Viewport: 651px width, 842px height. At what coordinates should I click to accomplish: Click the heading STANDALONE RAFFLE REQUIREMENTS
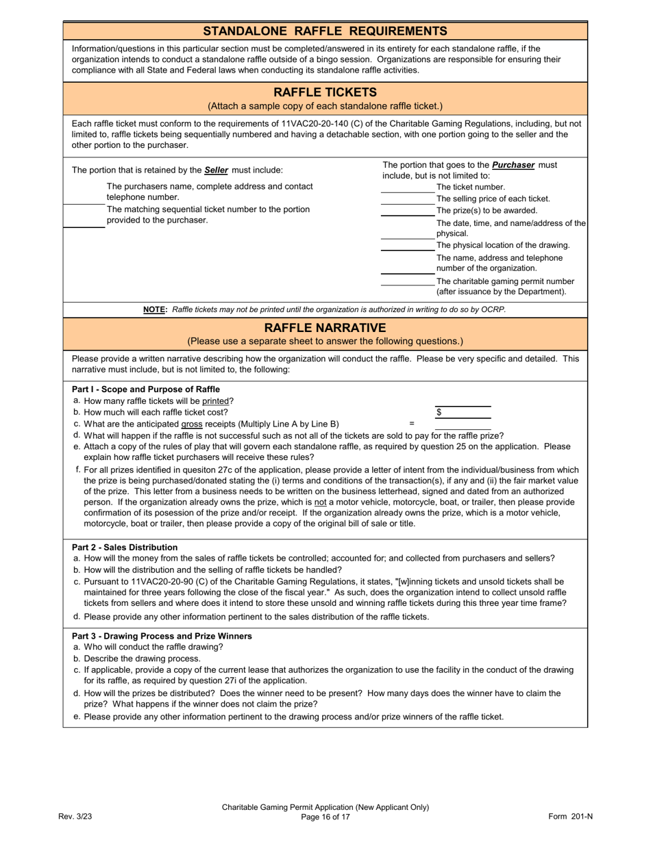point(325,31)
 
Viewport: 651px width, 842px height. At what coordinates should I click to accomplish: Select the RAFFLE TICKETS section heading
point(325,92)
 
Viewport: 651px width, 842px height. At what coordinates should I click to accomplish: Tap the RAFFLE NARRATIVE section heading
point(325,327)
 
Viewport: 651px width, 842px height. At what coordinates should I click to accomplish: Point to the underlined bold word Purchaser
point(513,165)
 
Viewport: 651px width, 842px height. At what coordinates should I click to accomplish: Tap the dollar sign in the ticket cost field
point(439,412)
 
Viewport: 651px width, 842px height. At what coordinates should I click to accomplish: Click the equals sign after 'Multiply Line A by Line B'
point(412,424)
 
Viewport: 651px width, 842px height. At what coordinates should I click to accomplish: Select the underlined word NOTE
point(155,310)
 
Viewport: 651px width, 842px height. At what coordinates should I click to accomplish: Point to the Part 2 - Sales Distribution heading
point(125,547)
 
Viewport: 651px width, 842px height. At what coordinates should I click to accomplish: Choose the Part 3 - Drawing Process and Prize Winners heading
point(162,636)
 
